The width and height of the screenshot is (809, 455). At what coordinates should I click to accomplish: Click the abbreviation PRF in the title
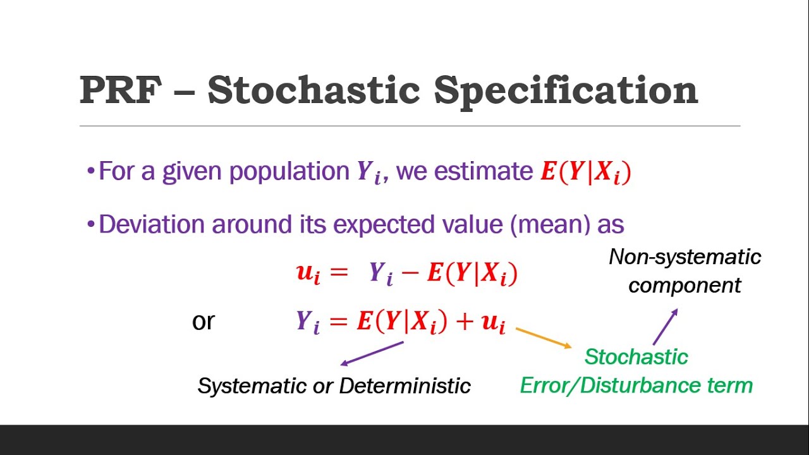click(x=119, y=90)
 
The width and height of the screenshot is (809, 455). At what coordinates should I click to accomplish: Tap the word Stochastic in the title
click(x=313, y=90)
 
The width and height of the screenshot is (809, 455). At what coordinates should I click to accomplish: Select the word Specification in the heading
click(x=566, y=90)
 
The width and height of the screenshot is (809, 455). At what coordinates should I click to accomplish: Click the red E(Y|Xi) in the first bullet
click(x=585, y=173)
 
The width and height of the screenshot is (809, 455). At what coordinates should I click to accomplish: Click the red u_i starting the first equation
click(x=308, y=273)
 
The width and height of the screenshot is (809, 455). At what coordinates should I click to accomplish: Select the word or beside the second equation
click(x=203, y=321)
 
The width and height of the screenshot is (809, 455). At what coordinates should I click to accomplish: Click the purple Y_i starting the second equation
click(x=308, y=322)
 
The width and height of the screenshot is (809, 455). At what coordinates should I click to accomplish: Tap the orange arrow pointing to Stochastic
click(x=544, y=338)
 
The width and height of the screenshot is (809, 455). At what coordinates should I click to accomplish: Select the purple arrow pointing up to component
click(x=665, y=326)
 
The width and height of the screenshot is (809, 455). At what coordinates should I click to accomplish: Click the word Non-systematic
click(x=684, y=257)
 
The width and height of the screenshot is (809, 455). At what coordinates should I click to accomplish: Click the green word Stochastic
click(x=636, y=357)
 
